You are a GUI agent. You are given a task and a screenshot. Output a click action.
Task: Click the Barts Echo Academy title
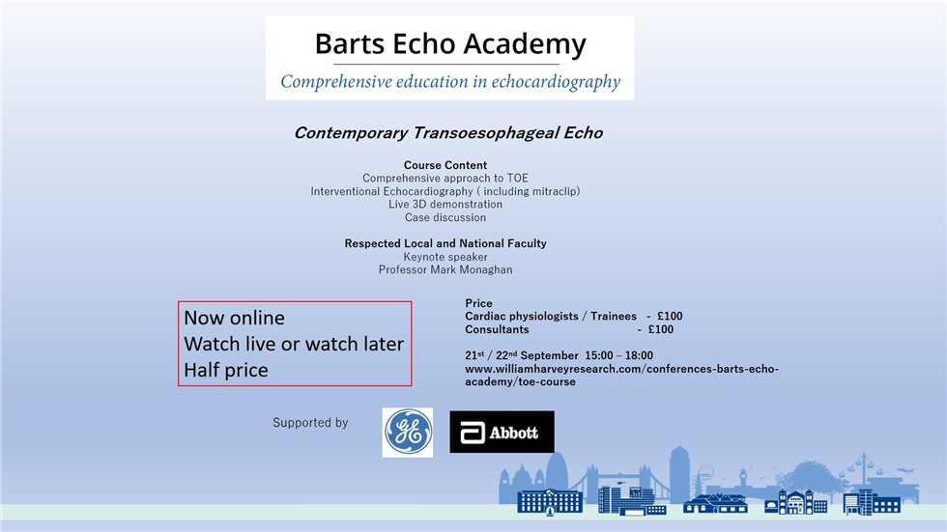[449, 44]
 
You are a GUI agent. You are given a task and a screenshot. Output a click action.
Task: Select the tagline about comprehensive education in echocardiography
[449, 82]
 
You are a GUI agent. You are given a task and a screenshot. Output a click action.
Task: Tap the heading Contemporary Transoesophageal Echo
[447, 133]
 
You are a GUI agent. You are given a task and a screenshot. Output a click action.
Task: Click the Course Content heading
[445, 165]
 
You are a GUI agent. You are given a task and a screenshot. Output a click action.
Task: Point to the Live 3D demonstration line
[445, 205]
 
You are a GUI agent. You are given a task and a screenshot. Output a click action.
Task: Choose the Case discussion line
[445, 217]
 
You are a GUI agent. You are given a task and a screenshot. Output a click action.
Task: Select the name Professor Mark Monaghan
[445, 270]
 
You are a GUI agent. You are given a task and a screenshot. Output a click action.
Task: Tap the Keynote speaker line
[445, 257]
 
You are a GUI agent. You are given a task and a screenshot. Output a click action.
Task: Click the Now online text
[235, 318]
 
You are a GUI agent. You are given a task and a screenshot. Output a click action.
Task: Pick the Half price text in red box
[226, 370]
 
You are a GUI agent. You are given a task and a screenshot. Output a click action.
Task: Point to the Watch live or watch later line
[294, 344]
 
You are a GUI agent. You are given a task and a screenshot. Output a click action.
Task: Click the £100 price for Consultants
[661, 330]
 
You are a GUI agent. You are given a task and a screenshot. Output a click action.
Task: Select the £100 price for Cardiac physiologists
[670, 317]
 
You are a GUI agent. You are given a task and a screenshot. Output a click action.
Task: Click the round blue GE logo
[408, 432]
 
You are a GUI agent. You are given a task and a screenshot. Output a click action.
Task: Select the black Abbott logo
[502, 432]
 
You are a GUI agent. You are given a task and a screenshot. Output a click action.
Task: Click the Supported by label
[310, 423]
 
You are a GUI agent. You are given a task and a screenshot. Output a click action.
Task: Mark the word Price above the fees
[478, 303]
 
